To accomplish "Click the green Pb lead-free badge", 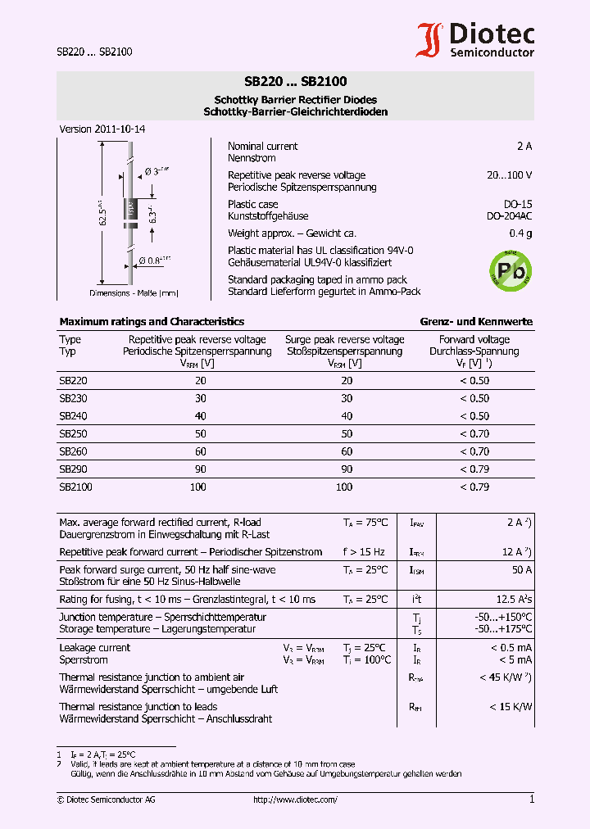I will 510,268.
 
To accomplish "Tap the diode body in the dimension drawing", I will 129,211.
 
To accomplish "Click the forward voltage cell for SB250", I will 474,433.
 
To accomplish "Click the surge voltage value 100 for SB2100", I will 344,487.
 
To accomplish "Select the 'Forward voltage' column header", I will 474,339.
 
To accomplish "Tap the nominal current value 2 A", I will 524,146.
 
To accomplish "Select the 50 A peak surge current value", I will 522,569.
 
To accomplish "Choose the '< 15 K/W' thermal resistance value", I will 511,706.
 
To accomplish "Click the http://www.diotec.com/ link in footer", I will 295,800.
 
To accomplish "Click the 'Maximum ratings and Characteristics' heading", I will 152,322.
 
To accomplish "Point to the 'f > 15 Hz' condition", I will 364,552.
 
